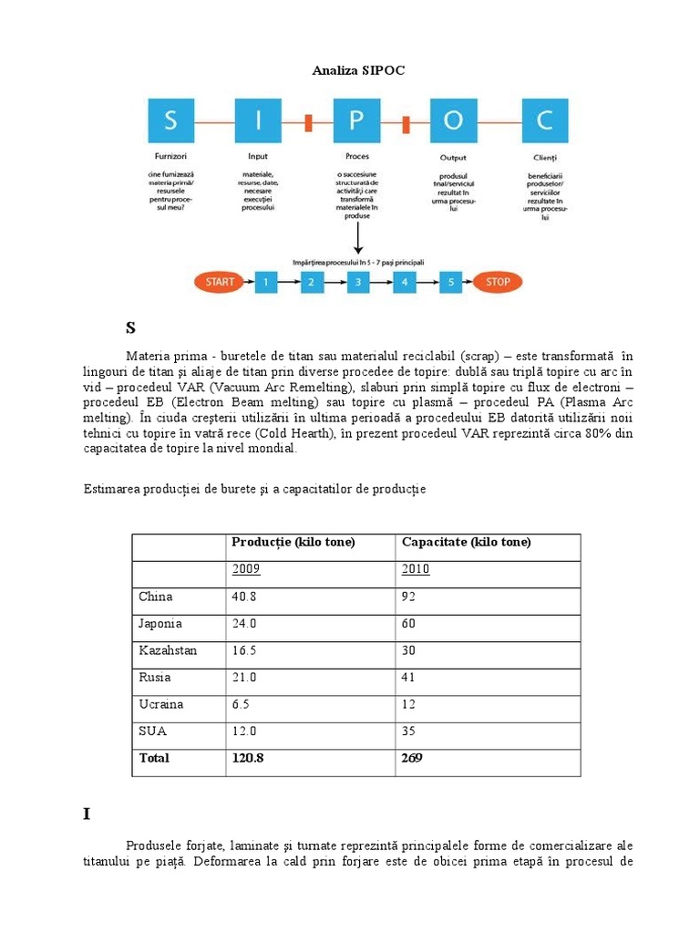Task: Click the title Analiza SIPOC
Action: [358, 69]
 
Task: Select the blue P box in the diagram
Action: [358, 120]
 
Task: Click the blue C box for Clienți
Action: [545, 120]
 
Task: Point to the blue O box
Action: [452, 120]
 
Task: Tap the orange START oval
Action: [220, 282]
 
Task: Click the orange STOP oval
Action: [498, 282]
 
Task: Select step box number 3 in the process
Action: [358, 282]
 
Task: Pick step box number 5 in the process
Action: [450, 282]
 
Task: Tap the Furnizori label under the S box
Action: [170, 157]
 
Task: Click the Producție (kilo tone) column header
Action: [293, 543]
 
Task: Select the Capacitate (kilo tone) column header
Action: [466, 543]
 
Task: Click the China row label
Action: [156, 597]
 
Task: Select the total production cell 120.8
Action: [249, 758]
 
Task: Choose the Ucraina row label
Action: [161, 704]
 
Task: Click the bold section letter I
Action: [87, 814]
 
